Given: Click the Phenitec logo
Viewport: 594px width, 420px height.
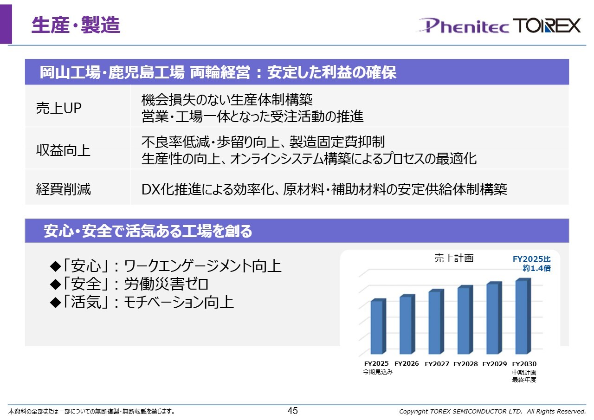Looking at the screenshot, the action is (x=462, y=26).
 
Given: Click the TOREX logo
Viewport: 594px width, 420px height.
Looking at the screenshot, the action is (x=547, y=26).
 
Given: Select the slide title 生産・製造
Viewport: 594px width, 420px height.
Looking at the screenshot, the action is (x=76, y=25).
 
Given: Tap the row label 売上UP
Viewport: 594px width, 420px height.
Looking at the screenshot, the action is (x=58, y=108).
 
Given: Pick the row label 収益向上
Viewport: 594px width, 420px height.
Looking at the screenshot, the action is (x=63, y=150).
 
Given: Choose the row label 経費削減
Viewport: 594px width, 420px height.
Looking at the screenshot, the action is (x=63, y=189).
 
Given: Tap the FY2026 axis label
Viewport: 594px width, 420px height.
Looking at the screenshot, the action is (x=407, y=363).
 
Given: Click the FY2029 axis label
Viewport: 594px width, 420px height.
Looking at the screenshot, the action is (x=495, y=364).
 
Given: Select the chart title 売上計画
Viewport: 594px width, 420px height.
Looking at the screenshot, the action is (x=454, y=258).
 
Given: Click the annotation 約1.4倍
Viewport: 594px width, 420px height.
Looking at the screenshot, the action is (x=536, y=268).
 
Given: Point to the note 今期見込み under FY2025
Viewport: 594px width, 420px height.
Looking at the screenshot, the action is (x=378, y=372).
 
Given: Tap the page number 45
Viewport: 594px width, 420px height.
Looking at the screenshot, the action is (x=293, y=411).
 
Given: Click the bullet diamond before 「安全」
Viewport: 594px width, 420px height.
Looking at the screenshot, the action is (x=55, y=284).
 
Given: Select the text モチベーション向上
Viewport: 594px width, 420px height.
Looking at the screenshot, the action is (x=179, y=302).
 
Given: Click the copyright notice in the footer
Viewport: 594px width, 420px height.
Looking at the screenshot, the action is (x=492, y=411).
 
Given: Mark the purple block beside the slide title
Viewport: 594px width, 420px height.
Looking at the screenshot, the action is (x=6, y=24).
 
